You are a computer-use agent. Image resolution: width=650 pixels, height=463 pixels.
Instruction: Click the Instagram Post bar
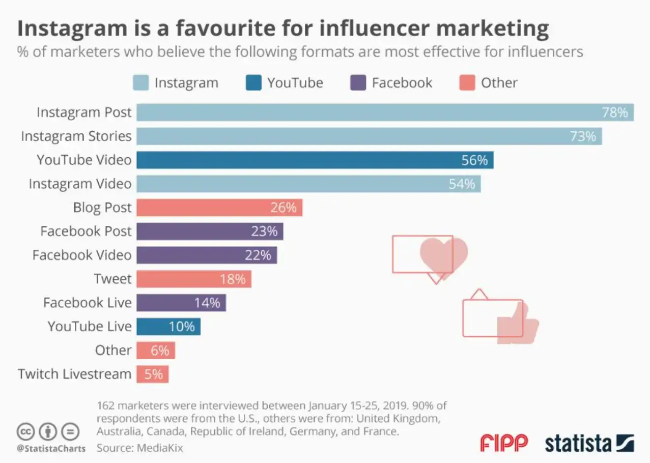pos(384,112)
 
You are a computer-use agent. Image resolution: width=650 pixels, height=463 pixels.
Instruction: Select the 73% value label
pos(583,136)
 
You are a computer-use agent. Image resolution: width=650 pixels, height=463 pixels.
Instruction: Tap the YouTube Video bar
pos(315,160)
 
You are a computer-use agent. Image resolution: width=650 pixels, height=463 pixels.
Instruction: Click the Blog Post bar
pos(219,208)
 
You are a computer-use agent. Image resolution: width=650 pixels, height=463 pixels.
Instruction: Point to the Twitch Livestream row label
pos(75,374)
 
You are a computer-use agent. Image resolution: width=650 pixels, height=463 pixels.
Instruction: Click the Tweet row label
pos(112,279)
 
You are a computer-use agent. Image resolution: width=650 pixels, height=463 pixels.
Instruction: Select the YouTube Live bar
pos(168,327)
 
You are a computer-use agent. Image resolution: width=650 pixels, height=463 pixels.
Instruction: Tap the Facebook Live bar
pos(181,303)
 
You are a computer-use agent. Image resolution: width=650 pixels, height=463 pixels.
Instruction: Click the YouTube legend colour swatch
pos(253,83)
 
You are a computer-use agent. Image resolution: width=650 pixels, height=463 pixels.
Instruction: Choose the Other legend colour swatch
pos(467,83)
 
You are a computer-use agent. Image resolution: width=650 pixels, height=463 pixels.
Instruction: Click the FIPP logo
pos(504,443)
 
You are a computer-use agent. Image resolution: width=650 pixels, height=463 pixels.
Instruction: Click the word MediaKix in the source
pos(159,448)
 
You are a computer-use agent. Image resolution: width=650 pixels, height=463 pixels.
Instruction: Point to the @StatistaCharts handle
pos(51,448)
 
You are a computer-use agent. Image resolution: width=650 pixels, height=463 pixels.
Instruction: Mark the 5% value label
pos(153,374)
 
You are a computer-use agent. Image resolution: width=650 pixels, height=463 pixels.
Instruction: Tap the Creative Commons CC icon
pos(25,431)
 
